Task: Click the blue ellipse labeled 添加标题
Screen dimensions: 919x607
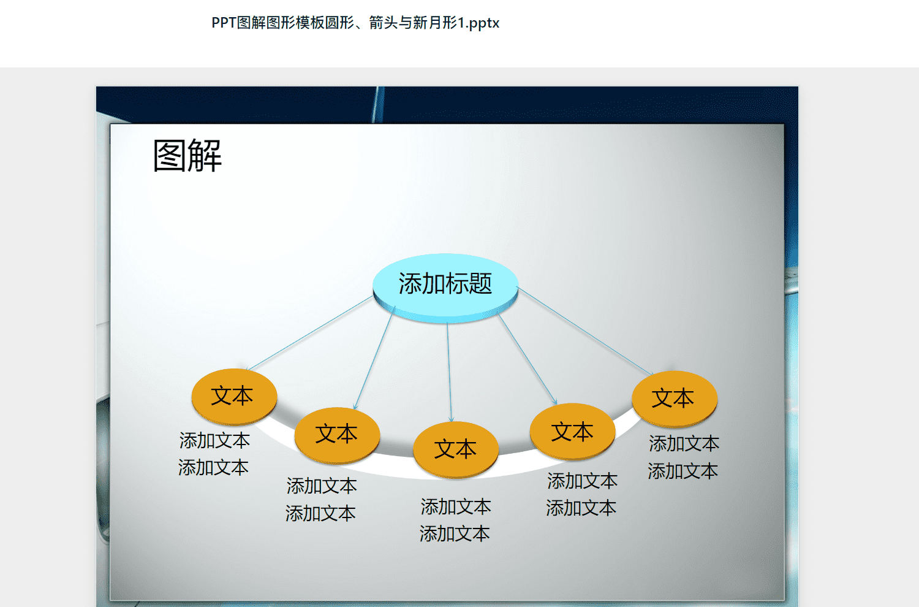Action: click(x=445, y=288)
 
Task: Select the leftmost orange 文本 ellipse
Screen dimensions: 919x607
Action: click(x=234, y=397)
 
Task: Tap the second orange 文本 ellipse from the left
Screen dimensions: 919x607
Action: click(x=337, y=435)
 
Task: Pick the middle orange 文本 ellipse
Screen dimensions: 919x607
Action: click(x=456, y=449)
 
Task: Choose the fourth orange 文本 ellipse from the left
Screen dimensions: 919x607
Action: click(x=573, y=432)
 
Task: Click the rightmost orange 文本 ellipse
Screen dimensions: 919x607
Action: click(x=675, y=399)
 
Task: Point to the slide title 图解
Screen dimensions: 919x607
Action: click(x=187, y=156)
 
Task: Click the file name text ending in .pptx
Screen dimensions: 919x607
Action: click(x=355, y=23)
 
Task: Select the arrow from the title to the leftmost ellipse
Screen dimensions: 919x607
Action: click(x=309, y=333)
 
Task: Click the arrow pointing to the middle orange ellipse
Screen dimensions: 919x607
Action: click(x=449, y=373)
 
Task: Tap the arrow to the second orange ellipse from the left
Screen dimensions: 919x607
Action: click(x=374, y=357)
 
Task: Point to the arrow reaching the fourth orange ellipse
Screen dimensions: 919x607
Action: click(x=528, y=360)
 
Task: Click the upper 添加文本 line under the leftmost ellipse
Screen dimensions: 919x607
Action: click(x=214, y=441)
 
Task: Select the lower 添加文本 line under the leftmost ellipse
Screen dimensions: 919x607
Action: click(x=213, y=468)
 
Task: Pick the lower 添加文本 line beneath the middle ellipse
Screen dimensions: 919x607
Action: click(x=455, y=534)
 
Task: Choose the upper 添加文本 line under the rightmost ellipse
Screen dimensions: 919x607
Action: click(x=684, y=443)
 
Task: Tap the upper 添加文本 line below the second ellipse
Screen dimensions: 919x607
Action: click(x=322, y=486)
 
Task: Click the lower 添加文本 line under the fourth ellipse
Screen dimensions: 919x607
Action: click(x=581, y=508)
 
